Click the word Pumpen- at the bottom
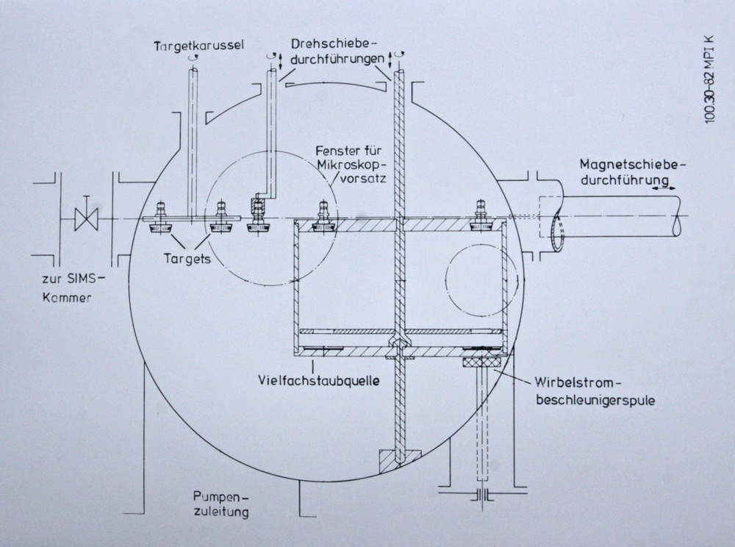click(x=214, y=496)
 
